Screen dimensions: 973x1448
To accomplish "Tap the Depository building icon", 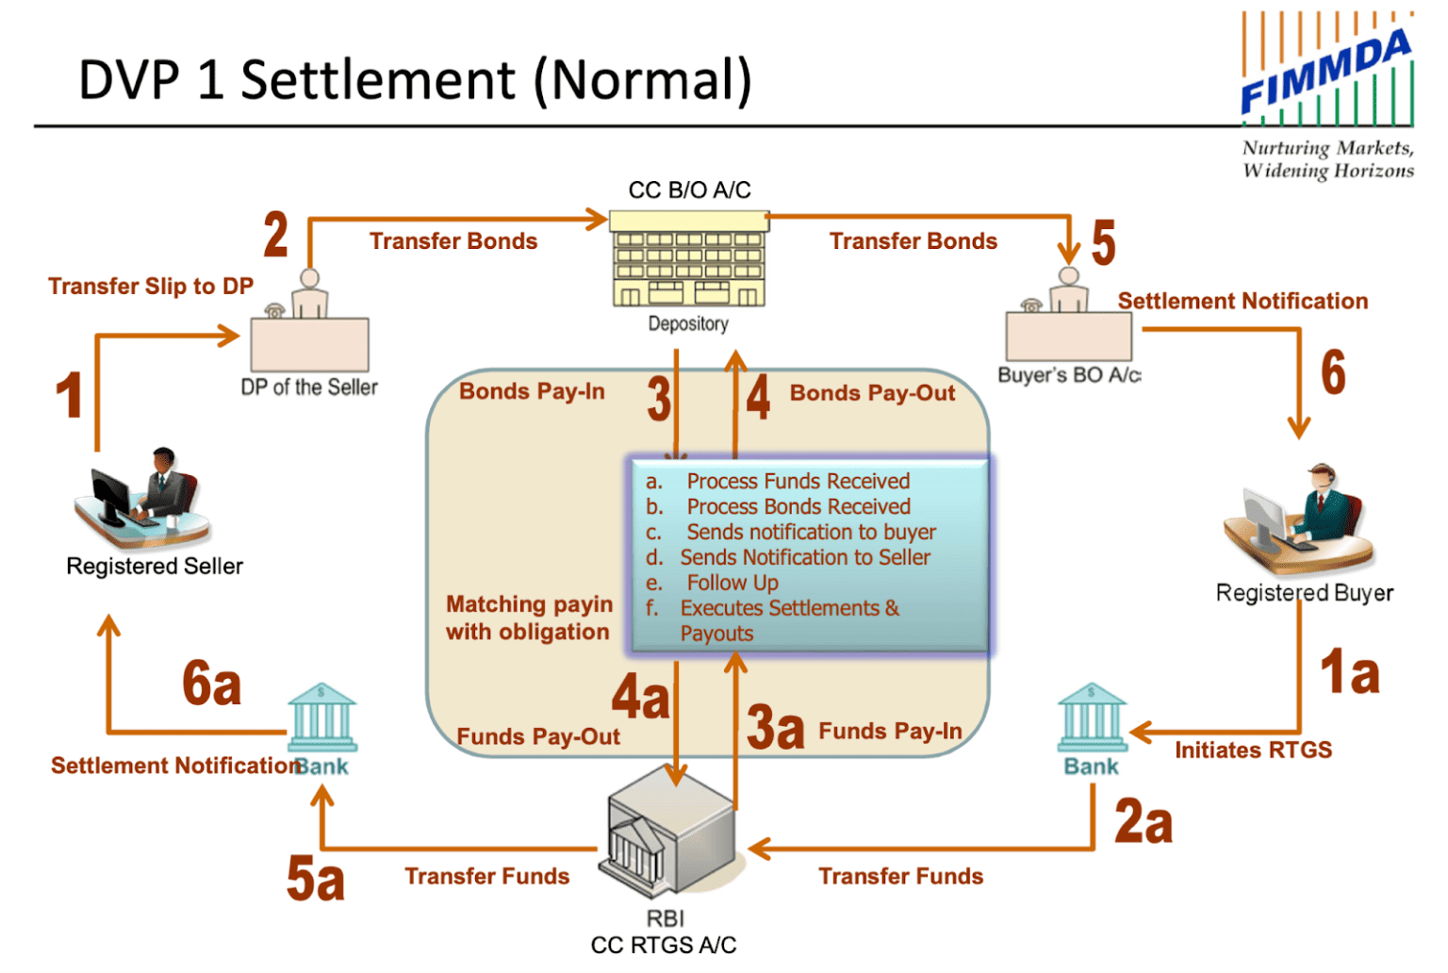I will pyautogui.click(x=688, y=259).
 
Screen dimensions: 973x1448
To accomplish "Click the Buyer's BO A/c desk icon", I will pyautogui.click(x=1068, y=320).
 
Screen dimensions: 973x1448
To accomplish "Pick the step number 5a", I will pyautogui.click(x=316, y=879).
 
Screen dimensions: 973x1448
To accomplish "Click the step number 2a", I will pyautogui.click(x=1144, y=822).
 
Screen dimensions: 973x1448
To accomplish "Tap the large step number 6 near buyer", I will pyautogui.click(x=1333, y=372).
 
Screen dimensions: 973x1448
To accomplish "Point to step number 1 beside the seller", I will pyautogui.click(x=69, y=395).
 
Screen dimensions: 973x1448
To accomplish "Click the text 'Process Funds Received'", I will pyautogui.click(x=798, y=482).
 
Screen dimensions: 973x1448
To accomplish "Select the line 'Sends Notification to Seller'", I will pyautogui.click(x=805, y=558).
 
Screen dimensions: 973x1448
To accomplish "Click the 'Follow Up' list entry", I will pyautogui.click(x=732, y=584).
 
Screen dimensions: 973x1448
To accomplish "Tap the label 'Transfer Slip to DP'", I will pyautogui.click(x=151, y=287).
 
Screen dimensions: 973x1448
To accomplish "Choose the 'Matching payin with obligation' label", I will pyautogui.click(x=529, y=618).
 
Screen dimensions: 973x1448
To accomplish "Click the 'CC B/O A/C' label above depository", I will pyautogui.click(x=689, y=190).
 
